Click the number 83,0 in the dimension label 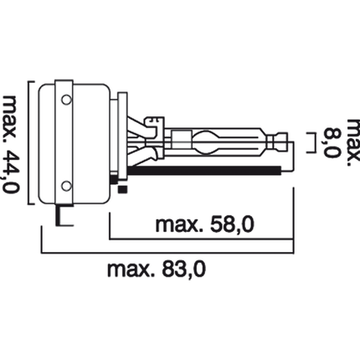183,270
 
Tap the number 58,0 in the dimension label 232,225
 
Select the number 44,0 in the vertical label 11,171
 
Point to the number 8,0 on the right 333,142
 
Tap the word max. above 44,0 11,120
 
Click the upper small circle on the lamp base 66,100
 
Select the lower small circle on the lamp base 66,186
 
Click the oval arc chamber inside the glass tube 206,142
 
